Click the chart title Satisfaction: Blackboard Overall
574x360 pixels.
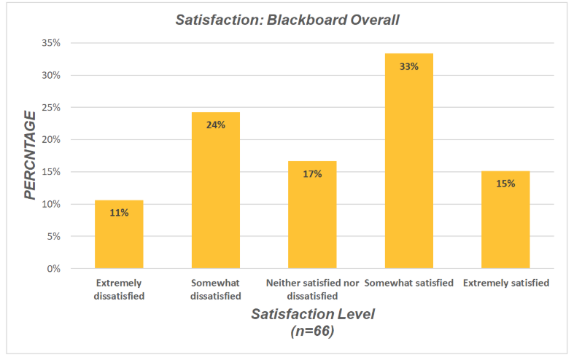(287, 20)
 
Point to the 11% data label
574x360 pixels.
(119, 212)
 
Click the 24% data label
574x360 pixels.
(216, 125)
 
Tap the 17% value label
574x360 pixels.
(312, 173)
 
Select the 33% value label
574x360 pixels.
(408, 66)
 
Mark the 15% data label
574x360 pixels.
(505, 184)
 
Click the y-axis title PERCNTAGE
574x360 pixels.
(30, 155)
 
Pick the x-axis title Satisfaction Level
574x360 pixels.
(302, 315)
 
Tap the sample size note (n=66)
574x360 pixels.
(302, 330)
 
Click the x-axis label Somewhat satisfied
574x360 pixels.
(408, 283)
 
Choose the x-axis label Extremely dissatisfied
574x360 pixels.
(119, 289)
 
